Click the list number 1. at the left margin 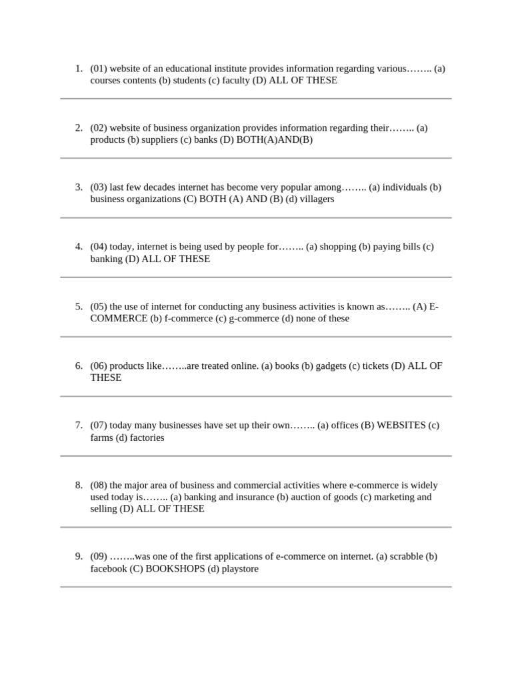pyautogui.click(x=79, y=68)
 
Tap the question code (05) pyautogui.click(x=99, y=306)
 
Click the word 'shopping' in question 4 pyautogui.click(x=338, y=247)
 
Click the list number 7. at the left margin pyautogui.click(x=79, y=425)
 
